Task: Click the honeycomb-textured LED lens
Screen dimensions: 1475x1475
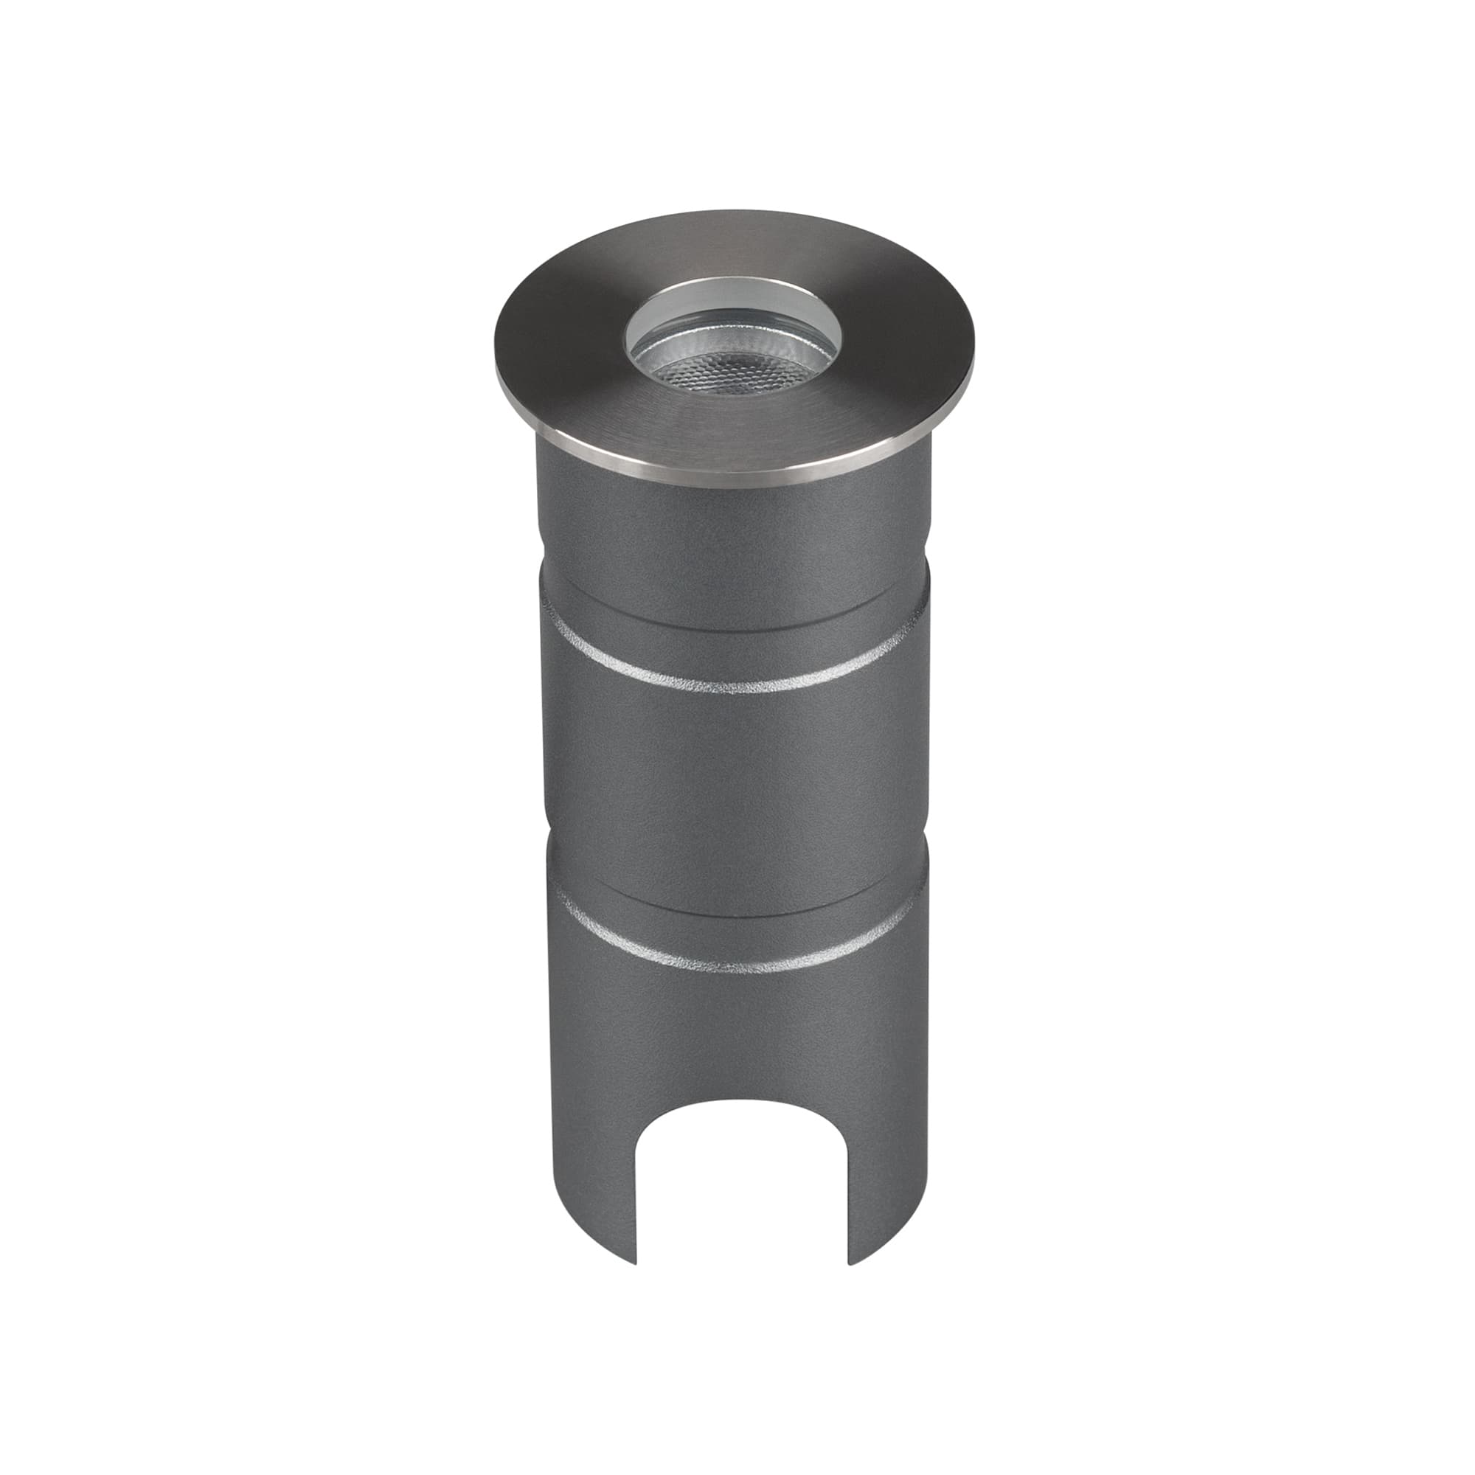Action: tap(735, 372)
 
